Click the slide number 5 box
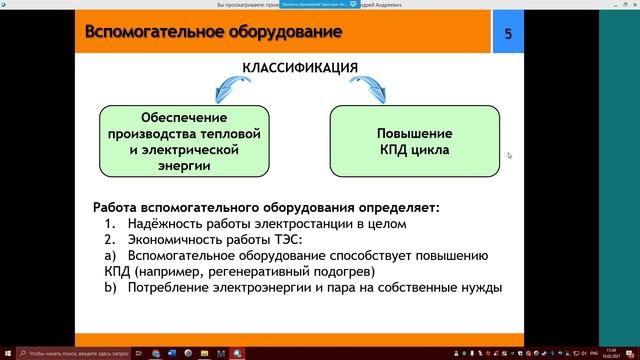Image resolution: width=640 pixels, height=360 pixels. [x=508, y=35]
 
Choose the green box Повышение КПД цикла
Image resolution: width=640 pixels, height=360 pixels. [x=414, y=141]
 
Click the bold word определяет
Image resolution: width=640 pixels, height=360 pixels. [x=391, y=208]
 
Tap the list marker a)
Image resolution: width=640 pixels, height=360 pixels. [x=109, y=256]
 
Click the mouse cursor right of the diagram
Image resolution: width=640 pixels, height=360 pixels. [x=510, y=155]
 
